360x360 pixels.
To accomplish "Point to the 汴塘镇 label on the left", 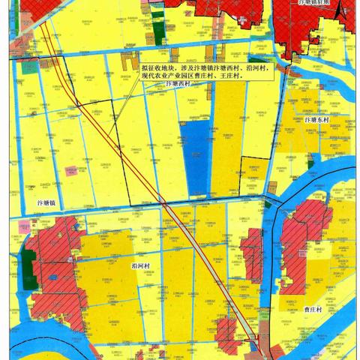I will pos(48,203).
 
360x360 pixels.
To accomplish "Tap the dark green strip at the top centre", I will pos(160,22).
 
